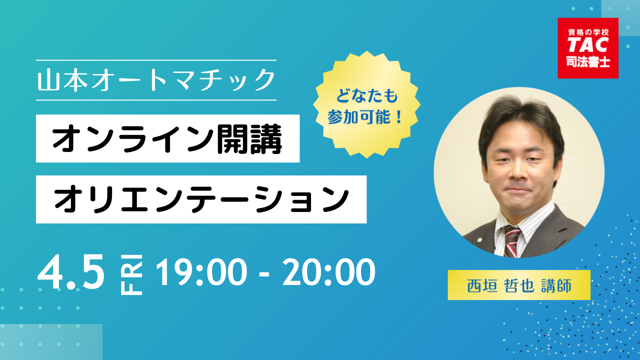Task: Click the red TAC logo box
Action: coord(588,48)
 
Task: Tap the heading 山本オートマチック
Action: coord(156,80)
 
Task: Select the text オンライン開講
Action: coord(167,139)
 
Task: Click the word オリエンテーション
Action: coord(201,199)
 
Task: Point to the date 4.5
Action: coord(71,271)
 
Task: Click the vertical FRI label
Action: coord(131,274)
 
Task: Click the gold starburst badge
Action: coord(366,104)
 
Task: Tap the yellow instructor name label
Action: coord(519,285)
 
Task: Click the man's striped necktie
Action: coord(511,241)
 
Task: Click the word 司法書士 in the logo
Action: coord(588,61)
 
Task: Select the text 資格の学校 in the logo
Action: coord(588,32)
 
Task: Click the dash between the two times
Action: coord(265,273)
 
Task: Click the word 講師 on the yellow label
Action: coord(556,285)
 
